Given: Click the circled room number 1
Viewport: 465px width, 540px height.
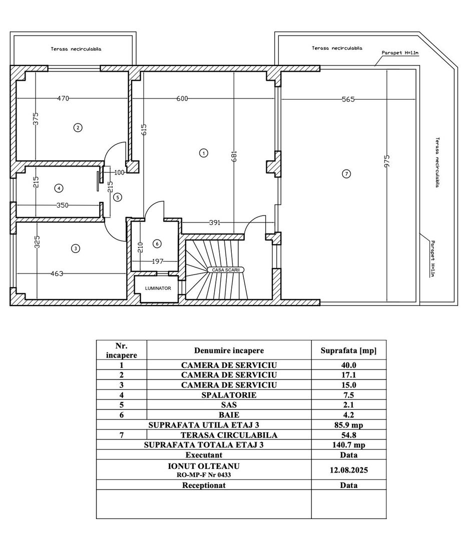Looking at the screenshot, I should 203,152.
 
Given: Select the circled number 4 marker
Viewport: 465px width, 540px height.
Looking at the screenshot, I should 59,188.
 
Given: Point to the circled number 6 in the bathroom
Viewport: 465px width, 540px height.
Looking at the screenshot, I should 157,243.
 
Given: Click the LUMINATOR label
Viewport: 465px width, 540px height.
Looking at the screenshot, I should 158,288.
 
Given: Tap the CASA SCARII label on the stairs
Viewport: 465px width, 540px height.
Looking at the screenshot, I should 226,269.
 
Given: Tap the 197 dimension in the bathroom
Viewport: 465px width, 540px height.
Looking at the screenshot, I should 158,261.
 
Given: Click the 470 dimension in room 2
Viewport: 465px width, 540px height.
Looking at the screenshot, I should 63,98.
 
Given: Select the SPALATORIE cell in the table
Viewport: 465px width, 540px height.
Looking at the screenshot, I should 229,395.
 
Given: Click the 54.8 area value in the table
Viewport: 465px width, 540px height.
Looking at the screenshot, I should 348,435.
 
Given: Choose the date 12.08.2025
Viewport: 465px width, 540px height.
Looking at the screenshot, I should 348,470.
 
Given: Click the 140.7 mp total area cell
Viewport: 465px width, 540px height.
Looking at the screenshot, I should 348,445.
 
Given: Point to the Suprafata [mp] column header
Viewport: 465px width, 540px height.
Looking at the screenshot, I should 348,351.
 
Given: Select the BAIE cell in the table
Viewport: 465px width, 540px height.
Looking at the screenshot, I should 229,415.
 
